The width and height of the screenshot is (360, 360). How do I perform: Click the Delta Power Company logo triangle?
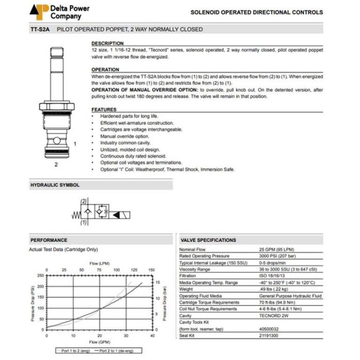[38, 10]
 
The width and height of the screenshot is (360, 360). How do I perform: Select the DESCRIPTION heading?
[107, 43]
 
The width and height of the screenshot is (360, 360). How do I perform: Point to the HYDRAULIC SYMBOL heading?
[55, 185]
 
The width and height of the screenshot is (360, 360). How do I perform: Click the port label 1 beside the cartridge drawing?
[75, 144]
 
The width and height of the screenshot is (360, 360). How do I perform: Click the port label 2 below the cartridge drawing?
[56, 165]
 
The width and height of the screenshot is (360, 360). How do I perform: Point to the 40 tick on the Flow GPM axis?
[152, 335]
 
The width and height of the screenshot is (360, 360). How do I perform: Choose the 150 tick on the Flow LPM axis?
[152, 269]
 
